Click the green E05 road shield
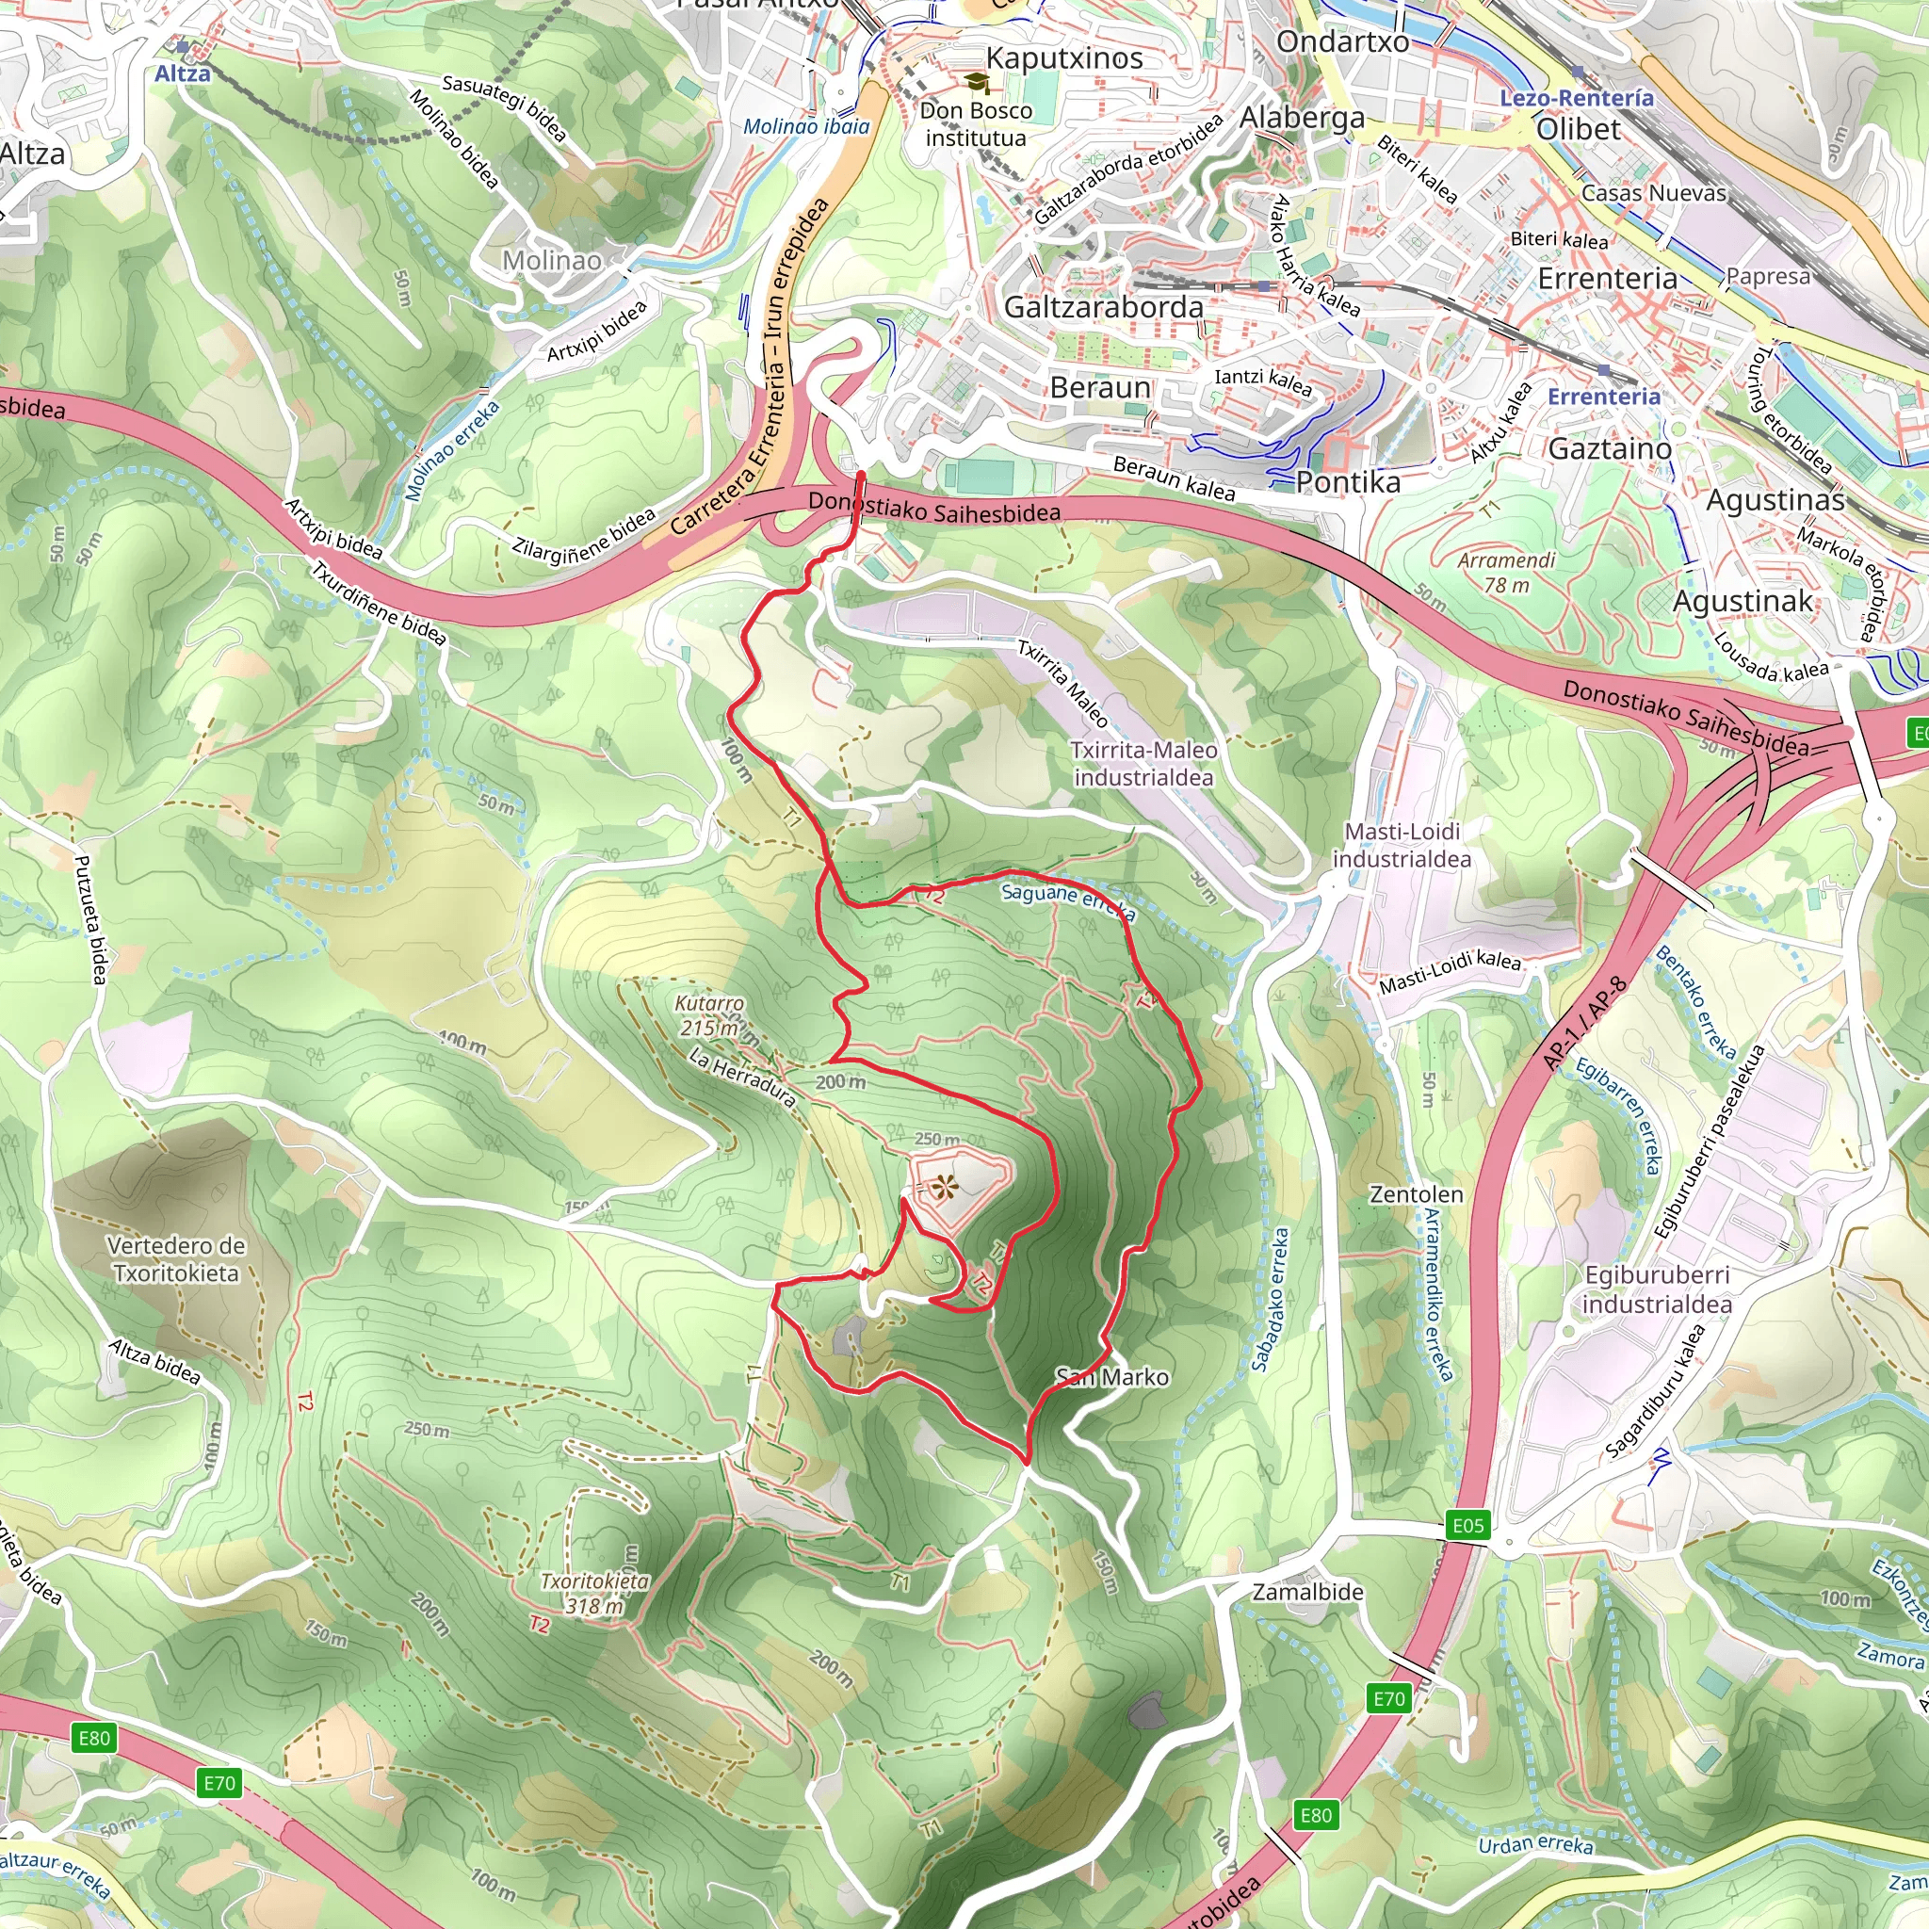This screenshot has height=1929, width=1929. click(x=1467, y=1525)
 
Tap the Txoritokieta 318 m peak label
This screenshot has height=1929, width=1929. click(x=594, y=1594)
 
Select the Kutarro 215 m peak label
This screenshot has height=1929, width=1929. click(x=709, y=1015)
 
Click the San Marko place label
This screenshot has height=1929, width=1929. click(x=1112, y=1378)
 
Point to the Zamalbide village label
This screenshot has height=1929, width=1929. click(x=1307, y=1592)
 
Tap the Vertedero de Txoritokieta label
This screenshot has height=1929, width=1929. click(x=176, y=1259)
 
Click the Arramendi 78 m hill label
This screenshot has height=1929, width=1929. click(x=1506, y=572)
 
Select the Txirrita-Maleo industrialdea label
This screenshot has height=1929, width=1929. click(x=1143, y=764)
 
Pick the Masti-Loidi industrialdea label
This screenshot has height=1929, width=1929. click(x=1402, y=845)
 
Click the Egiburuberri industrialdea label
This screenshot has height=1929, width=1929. click(x=1657, y=1289)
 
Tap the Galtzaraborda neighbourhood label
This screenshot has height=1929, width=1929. click(x=1103, y=306)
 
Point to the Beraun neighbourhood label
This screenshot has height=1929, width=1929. click(x=1099, y=386)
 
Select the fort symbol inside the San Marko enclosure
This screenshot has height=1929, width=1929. click(x=942, y=1187)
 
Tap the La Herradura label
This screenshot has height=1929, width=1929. click(x=742, y=1078)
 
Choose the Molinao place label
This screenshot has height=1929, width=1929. click(x=551, y=261)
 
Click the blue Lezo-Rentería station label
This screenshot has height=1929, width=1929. click(x=1576, y=98)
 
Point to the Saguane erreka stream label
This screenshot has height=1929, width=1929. click(x=1067, y=899)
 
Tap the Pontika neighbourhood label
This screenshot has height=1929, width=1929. click(x=1348, y=482)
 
